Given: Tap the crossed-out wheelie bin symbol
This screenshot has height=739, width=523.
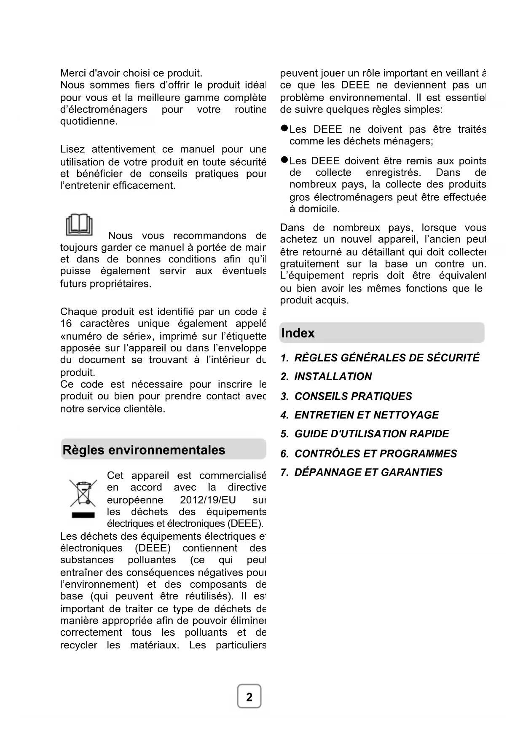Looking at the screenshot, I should click(x=83, y=493).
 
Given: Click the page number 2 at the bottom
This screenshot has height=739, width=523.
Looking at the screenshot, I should click(x=249, y=697).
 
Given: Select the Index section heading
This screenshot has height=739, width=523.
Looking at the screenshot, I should click(x=298, y=333).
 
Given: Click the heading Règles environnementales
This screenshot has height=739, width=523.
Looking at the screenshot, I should click(x=144, y=450).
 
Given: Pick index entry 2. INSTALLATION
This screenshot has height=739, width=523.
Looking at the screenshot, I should click(x=326, y=376).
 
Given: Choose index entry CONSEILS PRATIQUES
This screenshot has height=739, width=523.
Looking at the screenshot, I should click(x=346, y=396).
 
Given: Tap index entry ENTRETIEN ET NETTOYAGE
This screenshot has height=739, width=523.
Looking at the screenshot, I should click(x=359, y=415).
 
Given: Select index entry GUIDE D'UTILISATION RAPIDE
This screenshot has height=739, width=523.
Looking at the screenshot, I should click(x=365, y=434).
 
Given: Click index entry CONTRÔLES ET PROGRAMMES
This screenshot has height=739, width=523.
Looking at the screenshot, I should click(x=369, y=453).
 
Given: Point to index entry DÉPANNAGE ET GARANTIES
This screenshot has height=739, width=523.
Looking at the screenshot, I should click(x=362, y=472).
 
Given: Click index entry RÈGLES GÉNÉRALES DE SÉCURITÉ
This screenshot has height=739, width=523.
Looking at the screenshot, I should click(x=380, y=358).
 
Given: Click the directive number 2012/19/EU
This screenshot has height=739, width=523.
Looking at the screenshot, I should click(x=208, y=500).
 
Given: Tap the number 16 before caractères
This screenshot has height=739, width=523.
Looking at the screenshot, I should click(x=66, y=324).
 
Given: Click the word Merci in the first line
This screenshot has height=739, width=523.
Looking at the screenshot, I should click(x=74, y=73).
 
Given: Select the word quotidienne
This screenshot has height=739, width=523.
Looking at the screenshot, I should click(x=89, y=121).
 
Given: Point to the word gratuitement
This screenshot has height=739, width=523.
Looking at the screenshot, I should click(x=309, y=264).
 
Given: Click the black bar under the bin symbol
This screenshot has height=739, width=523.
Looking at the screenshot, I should click(x=83, y=515).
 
